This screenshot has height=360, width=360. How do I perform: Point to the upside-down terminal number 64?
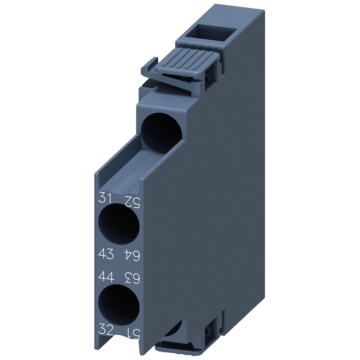point(132,255)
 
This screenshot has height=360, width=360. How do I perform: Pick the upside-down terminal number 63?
point(132,278)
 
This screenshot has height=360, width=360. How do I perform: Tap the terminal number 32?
point(106,329)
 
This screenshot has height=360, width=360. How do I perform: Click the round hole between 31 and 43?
point(119,224)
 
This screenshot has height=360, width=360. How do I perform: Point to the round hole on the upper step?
point(158,131)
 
